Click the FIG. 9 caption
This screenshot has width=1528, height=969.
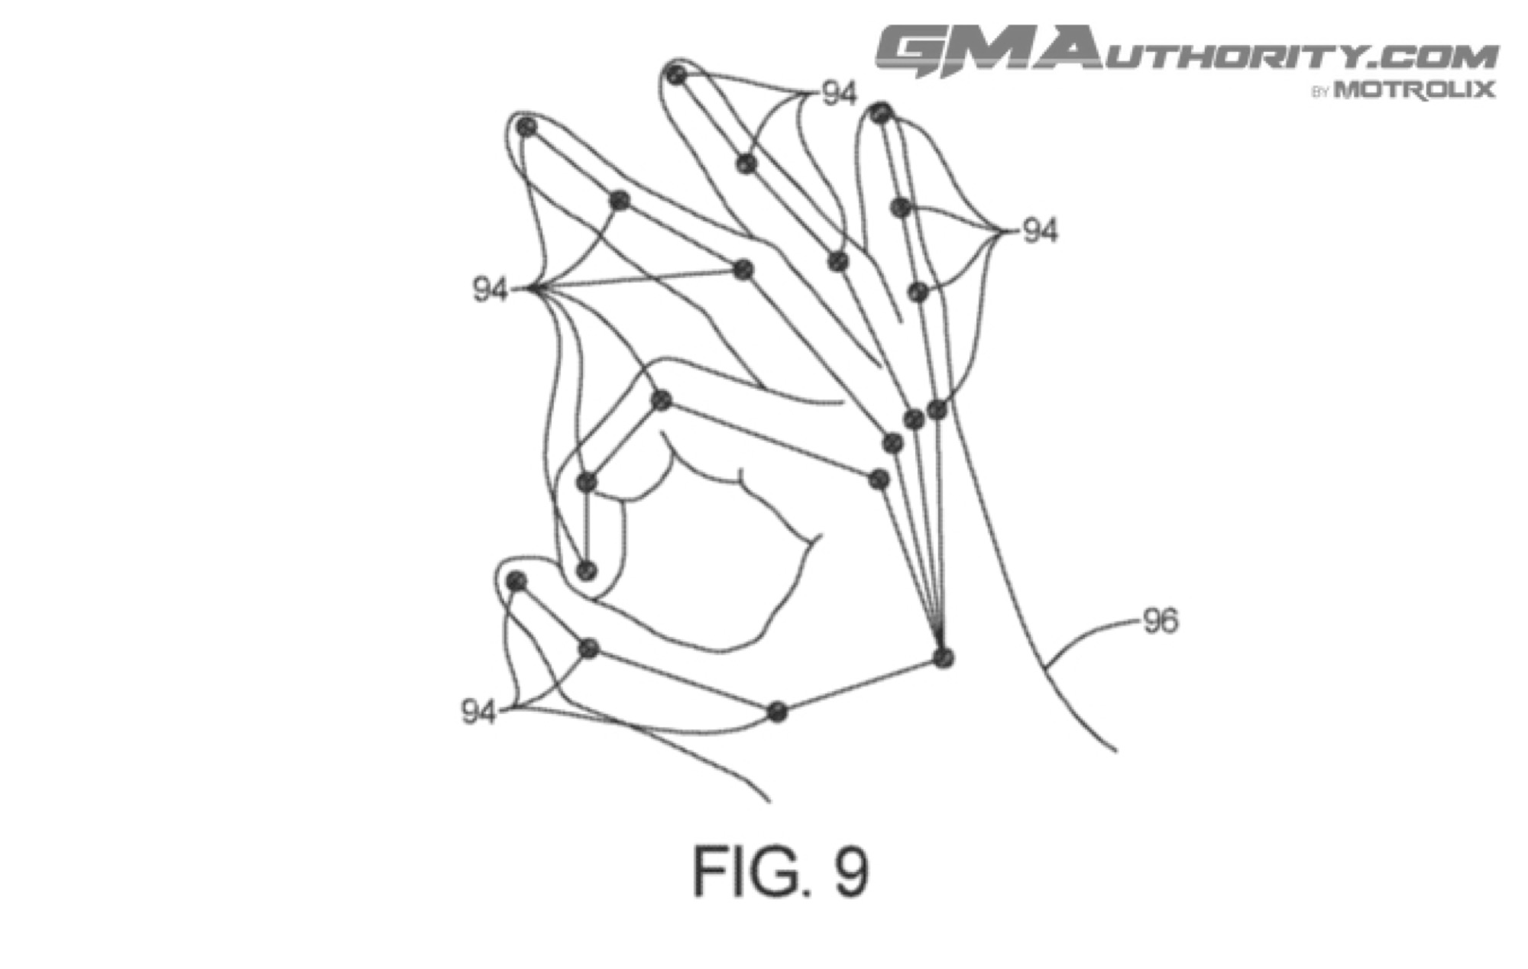coord(780,871)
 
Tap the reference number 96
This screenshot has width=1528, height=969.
coord(1161,621)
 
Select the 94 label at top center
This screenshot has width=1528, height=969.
coord(840,94)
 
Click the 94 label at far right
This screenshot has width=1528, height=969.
coord(1040,231)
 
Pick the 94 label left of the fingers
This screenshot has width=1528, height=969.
coord(490,289)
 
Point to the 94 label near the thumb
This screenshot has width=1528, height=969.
coord(479,712)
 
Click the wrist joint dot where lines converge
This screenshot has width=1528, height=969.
coord(944,657)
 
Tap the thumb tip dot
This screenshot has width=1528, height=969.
coord(516,582)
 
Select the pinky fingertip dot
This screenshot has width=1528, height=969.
coord(882,114)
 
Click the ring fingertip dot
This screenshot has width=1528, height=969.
coord(676,75)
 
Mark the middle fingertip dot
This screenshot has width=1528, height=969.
coord(526,128)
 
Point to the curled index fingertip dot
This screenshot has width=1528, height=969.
coord(587,570)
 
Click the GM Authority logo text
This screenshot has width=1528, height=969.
coord(1186,52)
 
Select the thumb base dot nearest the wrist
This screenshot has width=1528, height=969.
coord(777,712)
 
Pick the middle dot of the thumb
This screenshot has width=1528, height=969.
coord(588,648)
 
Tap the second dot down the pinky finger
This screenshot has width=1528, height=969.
coord(902,207)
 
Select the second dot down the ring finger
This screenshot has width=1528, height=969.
coord(746,164)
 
